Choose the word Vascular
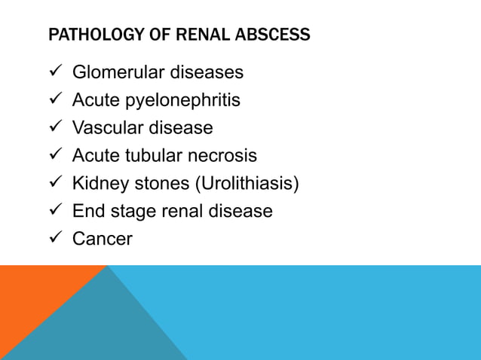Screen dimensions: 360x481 106,128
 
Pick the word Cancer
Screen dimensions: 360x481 102,239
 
